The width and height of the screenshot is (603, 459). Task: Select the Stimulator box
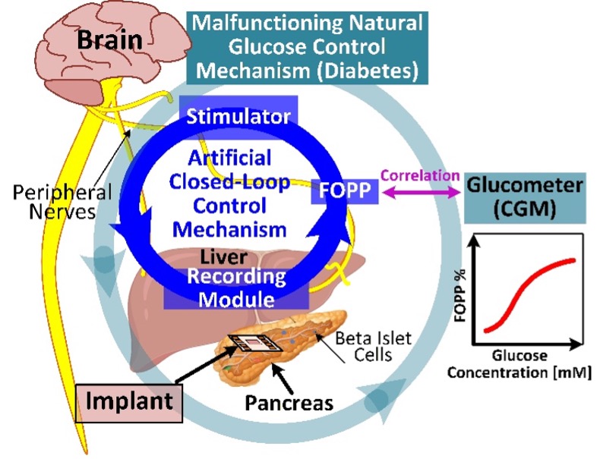pos(238,116)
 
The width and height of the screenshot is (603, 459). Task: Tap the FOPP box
pos(344,190)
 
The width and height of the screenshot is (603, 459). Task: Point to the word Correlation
pos(420,176)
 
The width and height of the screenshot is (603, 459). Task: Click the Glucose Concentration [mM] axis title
pos(519,365)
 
